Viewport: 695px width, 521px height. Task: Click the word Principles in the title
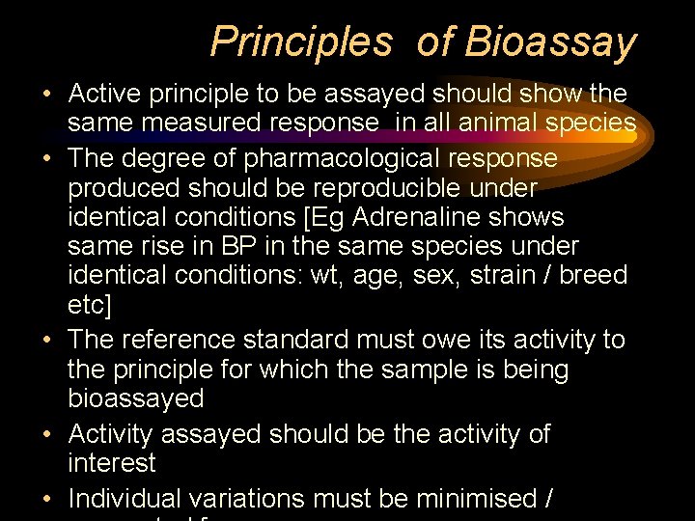(300, 41)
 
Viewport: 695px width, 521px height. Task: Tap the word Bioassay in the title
(551, 41)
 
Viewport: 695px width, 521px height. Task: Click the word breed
(593, 276)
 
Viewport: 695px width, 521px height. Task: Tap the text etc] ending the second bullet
(90, 306)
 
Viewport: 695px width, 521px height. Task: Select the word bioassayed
(136, 398)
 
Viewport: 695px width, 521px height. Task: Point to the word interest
(111, 462)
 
